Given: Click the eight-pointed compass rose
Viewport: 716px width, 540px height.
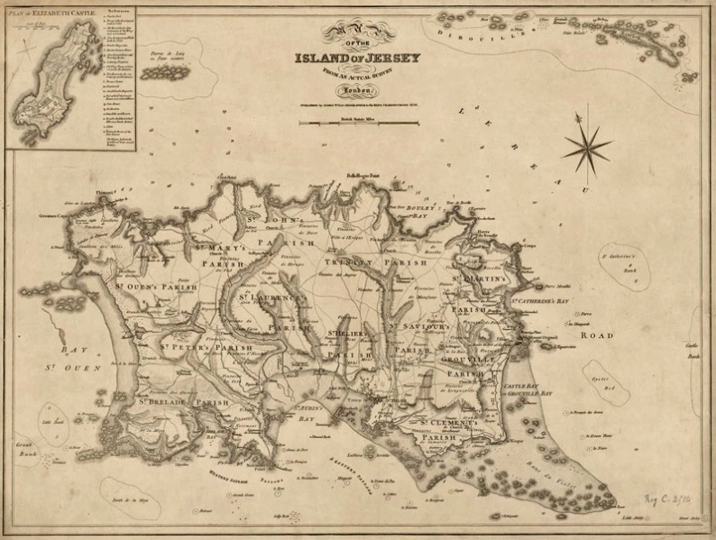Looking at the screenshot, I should (586, 144).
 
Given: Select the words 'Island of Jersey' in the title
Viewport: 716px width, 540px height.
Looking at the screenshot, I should (357, 59).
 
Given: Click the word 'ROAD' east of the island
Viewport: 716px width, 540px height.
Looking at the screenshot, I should (596, 335).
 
